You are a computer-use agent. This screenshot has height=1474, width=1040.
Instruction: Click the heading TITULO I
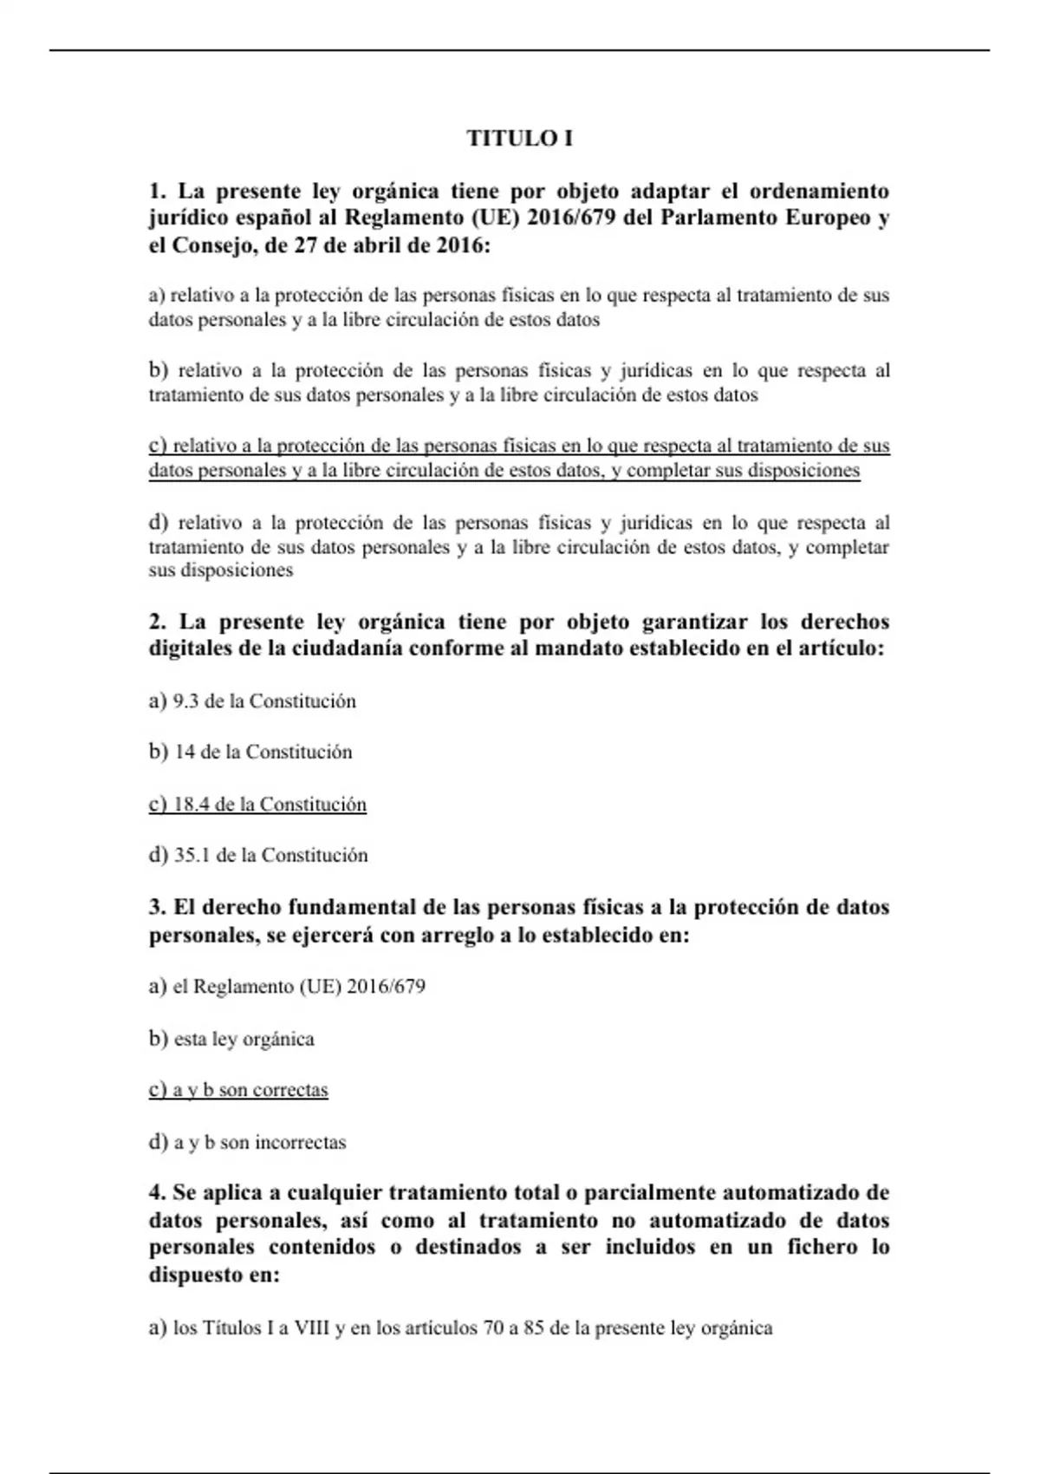[x=519, y=138]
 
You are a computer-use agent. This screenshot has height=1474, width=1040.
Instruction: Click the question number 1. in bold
[x=157, y=191]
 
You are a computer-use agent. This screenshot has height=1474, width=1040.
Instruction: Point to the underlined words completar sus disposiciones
[x=743, y=471]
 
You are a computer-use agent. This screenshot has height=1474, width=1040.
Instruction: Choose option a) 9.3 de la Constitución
[x=252, y=701]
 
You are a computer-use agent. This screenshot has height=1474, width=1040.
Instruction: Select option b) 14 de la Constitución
[x=250, y=752]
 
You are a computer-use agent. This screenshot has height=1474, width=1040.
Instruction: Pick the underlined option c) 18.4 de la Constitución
[x=257, y=804]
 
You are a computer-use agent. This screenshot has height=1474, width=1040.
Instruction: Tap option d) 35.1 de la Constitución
[x=258, y=855]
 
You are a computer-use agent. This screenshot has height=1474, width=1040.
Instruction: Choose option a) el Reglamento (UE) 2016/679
[x=287, y=987]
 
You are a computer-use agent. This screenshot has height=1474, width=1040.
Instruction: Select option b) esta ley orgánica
[x=231, y=1039]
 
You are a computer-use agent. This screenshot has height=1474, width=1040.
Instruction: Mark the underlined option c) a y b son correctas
[x=238, y=1090]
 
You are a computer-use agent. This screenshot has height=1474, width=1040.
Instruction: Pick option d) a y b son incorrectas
[x=247, y=1142]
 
